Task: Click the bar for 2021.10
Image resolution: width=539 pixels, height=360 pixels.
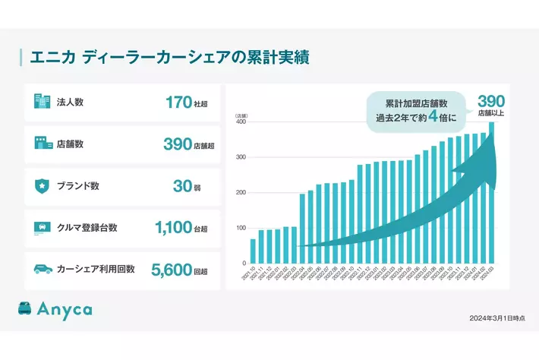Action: tap(253, 251)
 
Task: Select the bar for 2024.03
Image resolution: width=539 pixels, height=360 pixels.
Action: tap(492, 193)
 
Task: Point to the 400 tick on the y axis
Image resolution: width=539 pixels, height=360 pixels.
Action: tap(241, 122)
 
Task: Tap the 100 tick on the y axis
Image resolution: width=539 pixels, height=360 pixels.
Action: tap(241, 228)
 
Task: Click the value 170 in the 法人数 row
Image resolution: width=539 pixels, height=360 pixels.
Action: tap(178, 103)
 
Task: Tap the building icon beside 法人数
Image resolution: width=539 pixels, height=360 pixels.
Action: tap(41, 102)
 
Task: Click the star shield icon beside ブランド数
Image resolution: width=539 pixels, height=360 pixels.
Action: tap(41, 185)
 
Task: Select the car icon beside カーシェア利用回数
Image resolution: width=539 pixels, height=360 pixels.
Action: tap(41, 268)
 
